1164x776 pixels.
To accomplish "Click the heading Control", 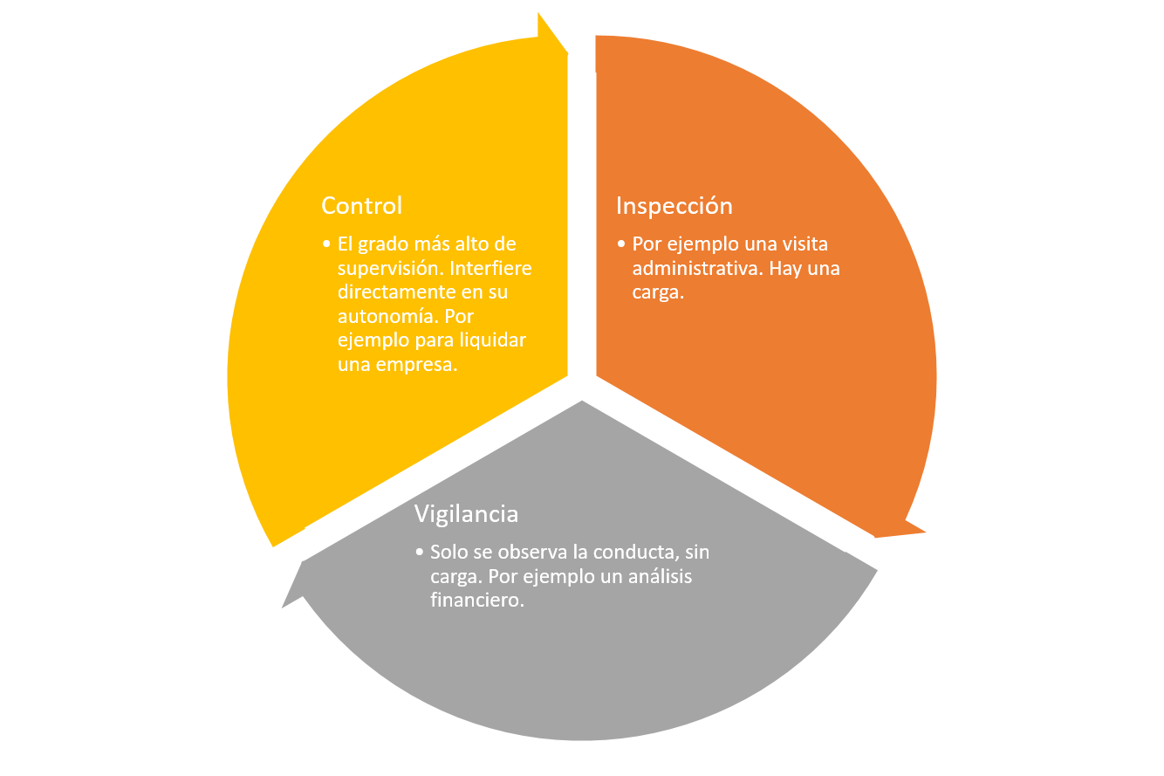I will coord(361,206).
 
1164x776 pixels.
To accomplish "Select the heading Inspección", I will coord(674,206).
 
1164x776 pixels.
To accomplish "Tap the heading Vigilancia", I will coord(466,514).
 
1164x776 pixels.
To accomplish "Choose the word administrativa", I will coord(697,268).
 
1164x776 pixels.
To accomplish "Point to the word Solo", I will coord(448,553).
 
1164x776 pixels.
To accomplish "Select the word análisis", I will coord(658,577).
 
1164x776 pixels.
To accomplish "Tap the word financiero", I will coord(476,601).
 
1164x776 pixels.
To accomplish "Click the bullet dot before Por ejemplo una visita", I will coord(621,244).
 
